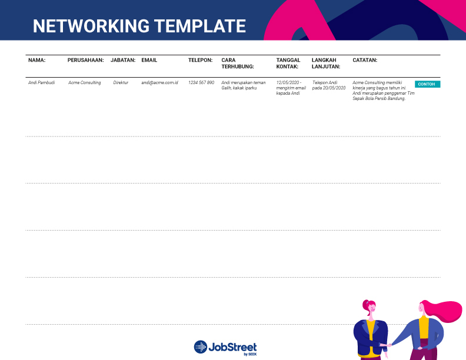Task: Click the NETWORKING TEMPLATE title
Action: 139,26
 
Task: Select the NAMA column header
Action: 37,60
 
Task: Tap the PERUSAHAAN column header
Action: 85,60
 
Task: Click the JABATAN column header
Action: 123,60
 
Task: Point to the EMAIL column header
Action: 149,60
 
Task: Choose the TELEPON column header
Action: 200,60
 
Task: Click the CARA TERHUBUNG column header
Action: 238,64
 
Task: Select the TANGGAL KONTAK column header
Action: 288,64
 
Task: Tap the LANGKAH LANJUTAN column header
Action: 326,64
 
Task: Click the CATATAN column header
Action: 365,60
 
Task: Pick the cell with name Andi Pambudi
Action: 42,82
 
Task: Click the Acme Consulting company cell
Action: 84,82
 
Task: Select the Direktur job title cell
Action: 121,82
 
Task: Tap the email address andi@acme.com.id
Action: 159,82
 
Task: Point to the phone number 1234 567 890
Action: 201,82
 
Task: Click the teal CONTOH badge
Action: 427,84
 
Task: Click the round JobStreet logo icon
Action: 201,347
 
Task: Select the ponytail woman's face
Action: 371,309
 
